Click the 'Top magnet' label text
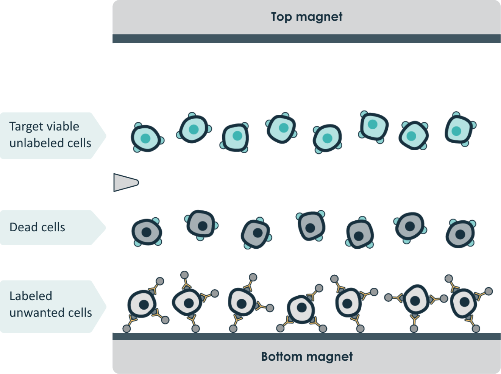tap(306, 17)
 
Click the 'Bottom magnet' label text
tap(307, 357)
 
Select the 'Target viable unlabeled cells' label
tap(50, 135)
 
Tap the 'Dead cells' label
tap(37, 227)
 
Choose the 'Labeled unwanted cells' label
tap(50, 304)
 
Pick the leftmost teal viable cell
tap(145, 138)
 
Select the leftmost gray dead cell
tap(147, 232)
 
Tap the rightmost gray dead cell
tap(460, 234)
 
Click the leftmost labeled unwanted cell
tap(143, 304)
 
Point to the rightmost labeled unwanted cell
tap(464, 303)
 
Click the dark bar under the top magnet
tap(307, 39)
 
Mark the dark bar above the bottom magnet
tap(307, 336)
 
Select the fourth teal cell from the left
tap(281, 128)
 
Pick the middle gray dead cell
tap(311, 226)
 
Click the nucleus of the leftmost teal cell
tap(145, 139)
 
